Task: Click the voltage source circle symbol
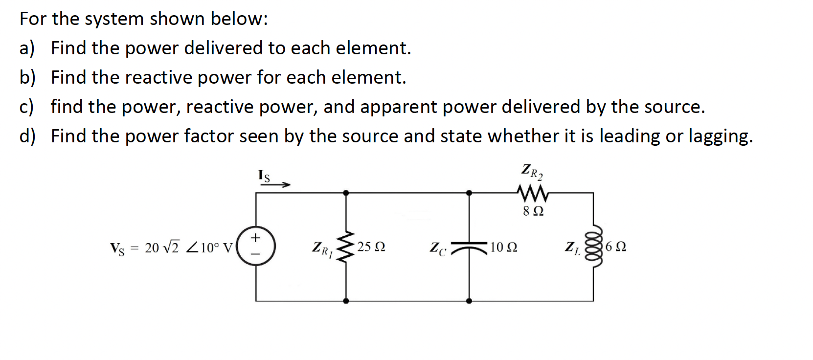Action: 255,246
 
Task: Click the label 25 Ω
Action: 371,247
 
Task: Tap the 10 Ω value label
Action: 503,247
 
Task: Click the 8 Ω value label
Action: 533,211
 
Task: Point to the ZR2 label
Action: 532,172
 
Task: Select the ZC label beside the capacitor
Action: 438,248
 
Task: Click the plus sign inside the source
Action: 255,238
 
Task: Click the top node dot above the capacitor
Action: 469,193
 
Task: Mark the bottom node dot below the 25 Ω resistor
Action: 346,301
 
